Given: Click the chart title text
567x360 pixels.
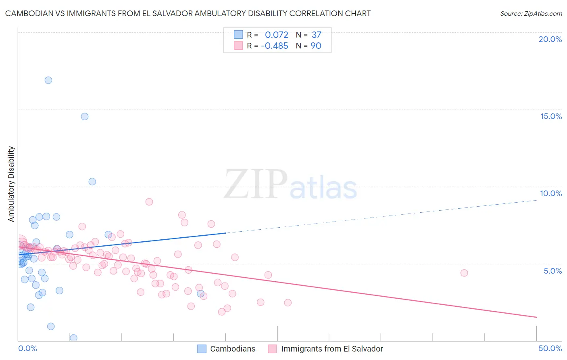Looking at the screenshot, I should click(x=188, y=13).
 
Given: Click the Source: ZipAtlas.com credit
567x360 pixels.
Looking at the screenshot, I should click(x=531, y=13).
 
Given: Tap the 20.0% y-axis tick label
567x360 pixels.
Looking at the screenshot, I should click(x=550, y=39).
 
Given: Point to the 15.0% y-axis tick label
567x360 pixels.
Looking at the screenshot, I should click(x=551, y=116).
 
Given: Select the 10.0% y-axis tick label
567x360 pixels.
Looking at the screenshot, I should click(x=551, y=193).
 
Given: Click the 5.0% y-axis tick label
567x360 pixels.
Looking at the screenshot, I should click(x=552, y=271).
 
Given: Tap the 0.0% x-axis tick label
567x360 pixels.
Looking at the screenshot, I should click(x=27, y=348).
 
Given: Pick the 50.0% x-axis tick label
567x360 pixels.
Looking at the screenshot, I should click(x=550, y=348).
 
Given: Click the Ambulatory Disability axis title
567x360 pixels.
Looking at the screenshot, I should click(x=11, y=184).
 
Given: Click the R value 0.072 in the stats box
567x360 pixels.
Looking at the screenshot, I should click(x=276, y=35).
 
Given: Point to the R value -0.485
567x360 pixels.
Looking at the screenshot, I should click(x=275, y=46).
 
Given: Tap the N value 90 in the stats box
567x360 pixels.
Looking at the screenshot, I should click(x=316, y=46).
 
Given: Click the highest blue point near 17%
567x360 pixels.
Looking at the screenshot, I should click(x=48, y=80).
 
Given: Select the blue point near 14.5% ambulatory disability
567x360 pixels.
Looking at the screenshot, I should click(x=85, y=117).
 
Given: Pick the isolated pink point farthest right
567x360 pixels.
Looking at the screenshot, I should click(x=464, y=273).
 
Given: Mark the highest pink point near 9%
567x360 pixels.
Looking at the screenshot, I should click(x=149, y=202).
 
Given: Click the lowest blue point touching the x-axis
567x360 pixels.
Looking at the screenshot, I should click(x=73, y=338).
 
